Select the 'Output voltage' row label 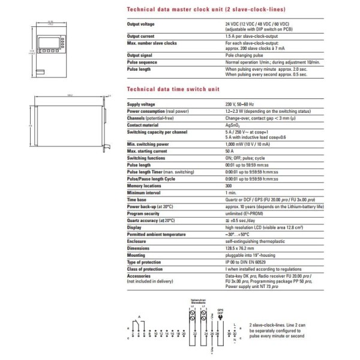click(142, 23)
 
